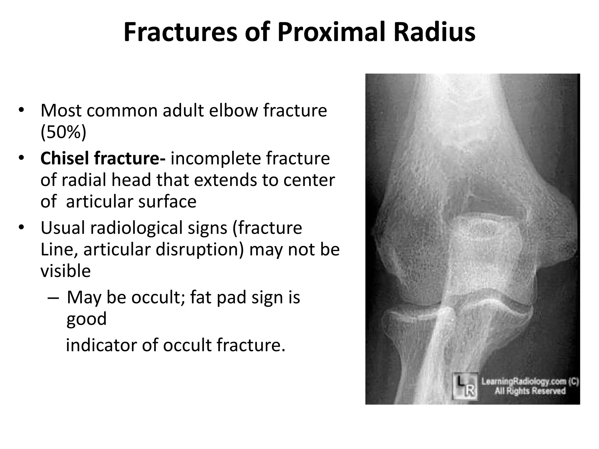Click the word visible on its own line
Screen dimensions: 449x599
[x=66, y=271]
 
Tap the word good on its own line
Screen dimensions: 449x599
[x=86, y=319]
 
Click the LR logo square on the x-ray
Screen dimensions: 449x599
[x=465, y=386]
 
